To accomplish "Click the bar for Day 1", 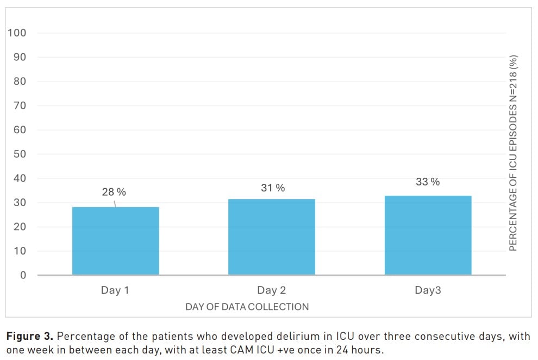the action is [116, 241].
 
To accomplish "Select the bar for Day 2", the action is [272, 237].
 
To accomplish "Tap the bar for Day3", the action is [428, 235].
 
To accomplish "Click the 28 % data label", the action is [114, 192].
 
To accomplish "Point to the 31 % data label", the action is [273, 188].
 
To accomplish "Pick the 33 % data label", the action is [428, 182].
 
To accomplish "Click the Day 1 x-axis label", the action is [115, 290].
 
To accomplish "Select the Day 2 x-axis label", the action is [271, 290].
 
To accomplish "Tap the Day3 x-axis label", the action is [428, 290].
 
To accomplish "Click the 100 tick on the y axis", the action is [17, 33].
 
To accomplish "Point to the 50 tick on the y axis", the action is [20, 154].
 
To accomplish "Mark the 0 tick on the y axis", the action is [23, 275].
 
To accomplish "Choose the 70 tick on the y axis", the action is [20, 105].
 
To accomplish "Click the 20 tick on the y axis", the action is [20, 227].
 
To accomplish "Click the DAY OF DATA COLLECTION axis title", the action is [247, 307].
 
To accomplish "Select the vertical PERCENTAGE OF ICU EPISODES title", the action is [513, 153].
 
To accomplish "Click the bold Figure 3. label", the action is [30, 336].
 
